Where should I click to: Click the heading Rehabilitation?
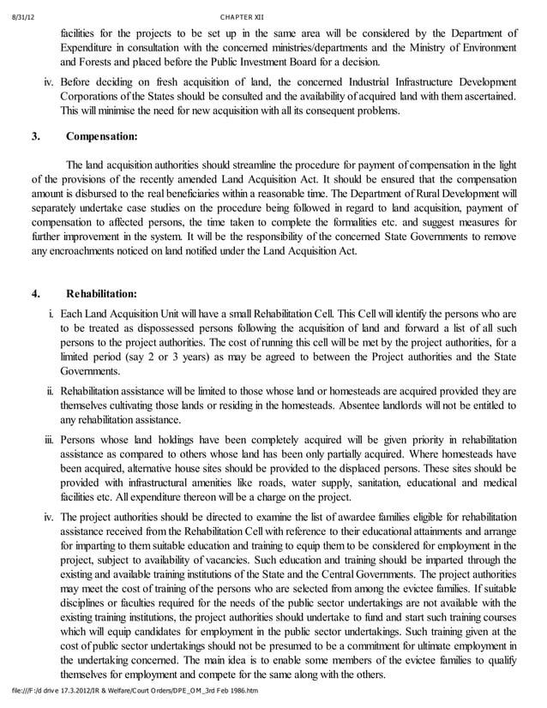pos(101,294)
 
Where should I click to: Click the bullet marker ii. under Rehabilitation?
pos(51,390)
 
